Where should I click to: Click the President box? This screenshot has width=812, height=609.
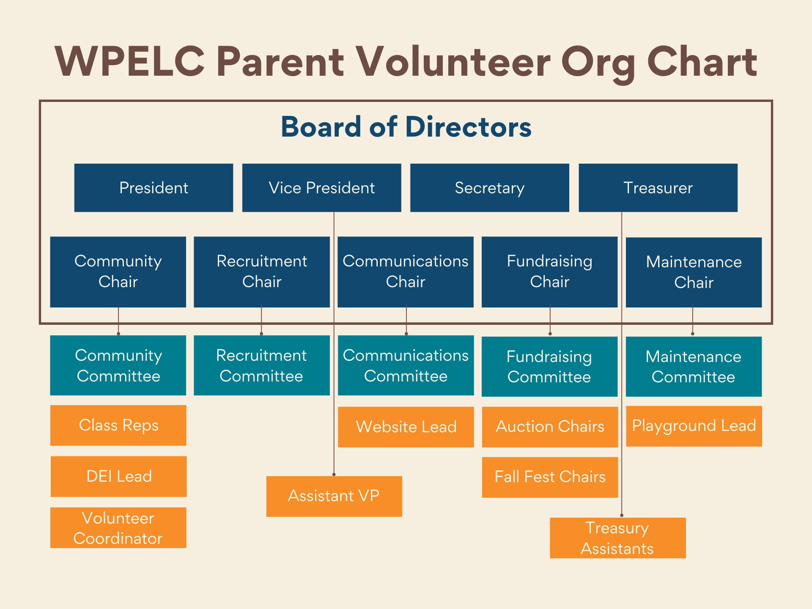point(154,188)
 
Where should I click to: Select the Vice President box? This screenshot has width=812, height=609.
point(321,188)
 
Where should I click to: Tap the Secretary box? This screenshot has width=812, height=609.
point(489,188)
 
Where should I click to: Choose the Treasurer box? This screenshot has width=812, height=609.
point(658,188)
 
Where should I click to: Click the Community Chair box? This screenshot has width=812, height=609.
point(118,272)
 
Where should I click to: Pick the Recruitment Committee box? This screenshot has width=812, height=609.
point(261,365)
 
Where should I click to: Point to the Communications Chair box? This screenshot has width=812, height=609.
point(405,272)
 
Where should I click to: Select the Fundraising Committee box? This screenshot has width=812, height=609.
point(549,367)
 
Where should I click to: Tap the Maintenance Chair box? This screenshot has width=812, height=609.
point(694,272)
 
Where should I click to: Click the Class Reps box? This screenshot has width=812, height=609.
point(118,425)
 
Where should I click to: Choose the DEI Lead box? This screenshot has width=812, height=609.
point(118,477)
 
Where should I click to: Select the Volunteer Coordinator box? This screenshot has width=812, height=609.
point(118,528)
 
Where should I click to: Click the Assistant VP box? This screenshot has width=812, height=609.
point(334,497)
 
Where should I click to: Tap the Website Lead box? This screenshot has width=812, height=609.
point(406,427)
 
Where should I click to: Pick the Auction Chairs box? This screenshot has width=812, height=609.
point(550,427)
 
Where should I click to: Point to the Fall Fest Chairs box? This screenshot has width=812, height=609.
point(550,477)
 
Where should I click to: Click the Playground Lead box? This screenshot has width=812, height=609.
point(694,426)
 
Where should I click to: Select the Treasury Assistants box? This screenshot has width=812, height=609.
point(618,538)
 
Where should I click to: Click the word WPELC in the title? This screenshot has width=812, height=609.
point(130,62)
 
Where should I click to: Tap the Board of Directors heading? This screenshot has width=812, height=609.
point(406,127)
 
